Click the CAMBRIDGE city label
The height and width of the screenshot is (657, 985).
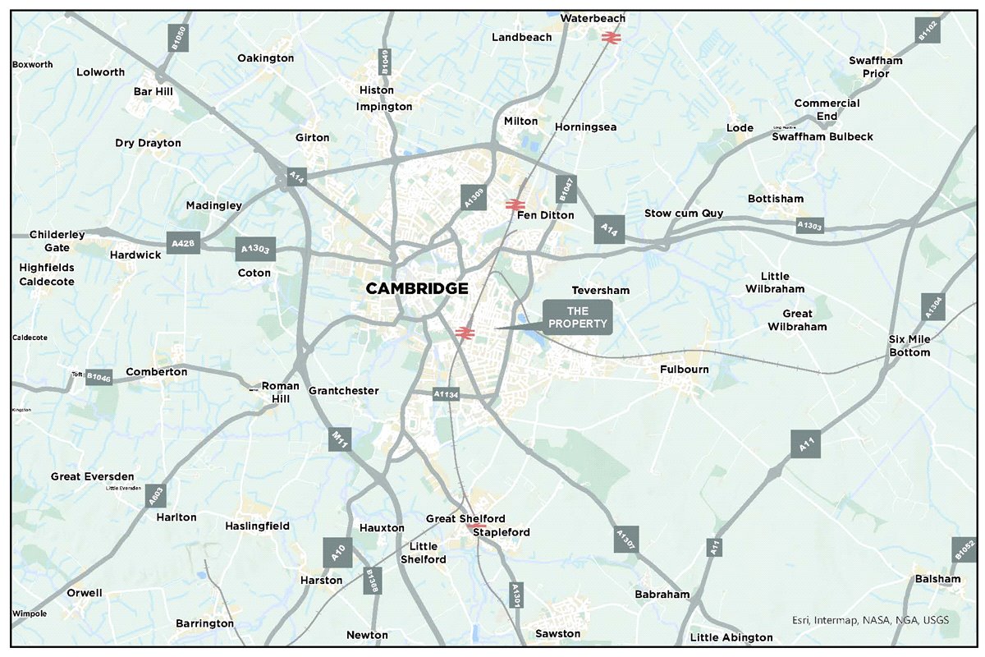[x=417, y=288]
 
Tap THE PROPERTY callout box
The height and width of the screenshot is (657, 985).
[x=578, y=316]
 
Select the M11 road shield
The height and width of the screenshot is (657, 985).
[x=340, y=439]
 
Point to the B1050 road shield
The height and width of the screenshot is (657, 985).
[x=178, y=37]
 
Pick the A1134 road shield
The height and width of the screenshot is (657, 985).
[x=447, y=395]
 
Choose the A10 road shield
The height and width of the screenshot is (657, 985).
[x=337, y=553]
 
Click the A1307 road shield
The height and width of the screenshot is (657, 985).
[x=625, y=539]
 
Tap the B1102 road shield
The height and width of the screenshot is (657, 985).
[x=927, y=30]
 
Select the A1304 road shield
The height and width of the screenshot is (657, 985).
[x=932, y=307]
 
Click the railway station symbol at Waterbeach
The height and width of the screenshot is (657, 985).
[x=610, y=37]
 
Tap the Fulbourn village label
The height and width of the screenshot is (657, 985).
[x=684, y=370]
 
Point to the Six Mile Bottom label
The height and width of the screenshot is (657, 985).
[x=909, y=346]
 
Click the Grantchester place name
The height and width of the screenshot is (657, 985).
[x=343, y=391]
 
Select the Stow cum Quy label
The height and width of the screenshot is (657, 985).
[x=684, y=214]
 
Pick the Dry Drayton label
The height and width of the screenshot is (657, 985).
[x=148, y=143]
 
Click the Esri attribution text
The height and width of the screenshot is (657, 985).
[x=870, y=620]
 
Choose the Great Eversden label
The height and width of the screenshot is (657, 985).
[x=92, y=476]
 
